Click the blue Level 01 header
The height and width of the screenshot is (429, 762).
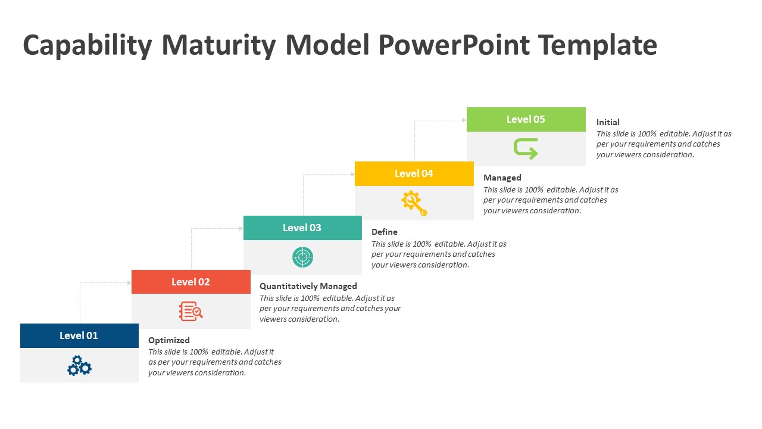click(x=79, y=335)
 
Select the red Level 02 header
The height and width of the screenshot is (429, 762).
click(x=190, y=282)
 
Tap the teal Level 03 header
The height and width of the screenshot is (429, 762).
click(x=302, y=228)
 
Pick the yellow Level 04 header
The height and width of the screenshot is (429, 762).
click(x=414, y=173)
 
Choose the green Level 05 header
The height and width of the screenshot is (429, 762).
click(x=526, y=119)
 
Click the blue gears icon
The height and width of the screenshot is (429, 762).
click(x=79, y=365)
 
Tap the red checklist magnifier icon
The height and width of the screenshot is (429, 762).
click(x=191, y=311)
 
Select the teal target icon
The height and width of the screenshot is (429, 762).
click(x=302, y=257)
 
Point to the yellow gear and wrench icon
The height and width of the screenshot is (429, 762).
click(x=414, y=203)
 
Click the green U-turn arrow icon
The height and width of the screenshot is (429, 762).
click(x=526, y=148)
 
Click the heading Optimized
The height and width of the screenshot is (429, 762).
click(x=169, y=340)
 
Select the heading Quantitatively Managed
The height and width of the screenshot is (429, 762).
click(x=308, y=286)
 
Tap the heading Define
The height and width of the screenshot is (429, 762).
click(x=385, y=232)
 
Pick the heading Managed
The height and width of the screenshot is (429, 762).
click(x=502, y=178)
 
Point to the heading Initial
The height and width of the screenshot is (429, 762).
click(x=608, y=122)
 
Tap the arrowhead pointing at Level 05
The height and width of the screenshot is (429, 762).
click(x=464, y=120)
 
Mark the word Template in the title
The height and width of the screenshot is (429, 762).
click(x=597, y=45)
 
